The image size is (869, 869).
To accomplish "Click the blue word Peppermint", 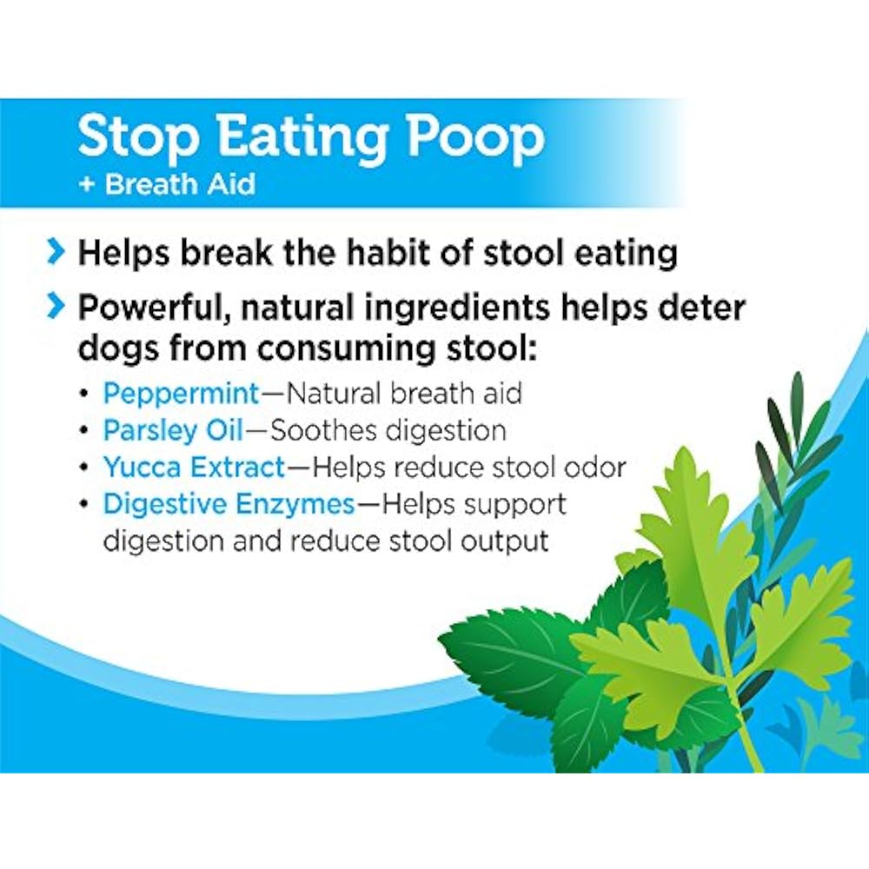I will point(181,394).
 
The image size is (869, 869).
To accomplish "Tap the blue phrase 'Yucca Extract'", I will point(194,468).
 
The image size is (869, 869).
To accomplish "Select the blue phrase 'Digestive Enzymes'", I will point(229,504).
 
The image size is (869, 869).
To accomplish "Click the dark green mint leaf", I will point(513,660).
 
